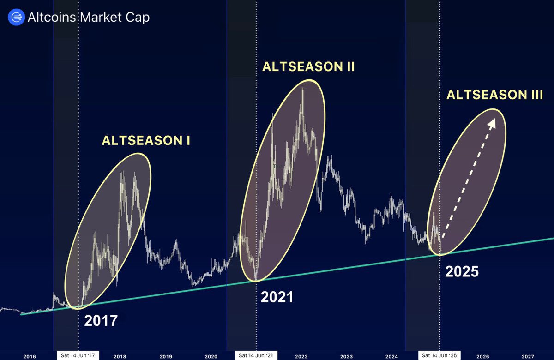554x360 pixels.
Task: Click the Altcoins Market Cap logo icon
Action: coord(17,18)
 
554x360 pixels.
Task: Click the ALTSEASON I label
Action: coord(146,141)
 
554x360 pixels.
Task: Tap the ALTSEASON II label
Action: coord(308,66)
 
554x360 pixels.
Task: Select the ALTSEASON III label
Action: coord(494,96)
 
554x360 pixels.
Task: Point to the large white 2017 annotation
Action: coord(101,320)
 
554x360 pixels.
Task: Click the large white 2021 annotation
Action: coord(277,297)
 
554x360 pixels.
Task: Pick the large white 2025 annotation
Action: coord(462,271)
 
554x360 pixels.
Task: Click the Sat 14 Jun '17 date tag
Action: coord(78,356)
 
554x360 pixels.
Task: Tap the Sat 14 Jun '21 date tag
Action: coord(256,356)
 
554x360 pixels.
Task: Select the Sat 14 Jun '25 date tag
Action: coord(440,356)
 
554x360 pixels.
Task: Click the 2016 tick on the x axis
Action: coord(29,356)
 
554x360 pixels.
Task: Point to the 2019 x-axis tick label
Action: coord(165,356)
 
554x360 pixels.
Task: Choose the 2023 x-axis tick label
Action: coord(346,356)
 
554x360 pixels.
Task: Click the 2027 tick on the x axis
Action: coord(528,356)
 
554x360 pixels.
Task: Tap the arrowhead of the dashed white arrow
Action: coord(493,121)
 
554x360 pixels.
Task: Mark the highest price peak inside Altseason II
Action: coord(302,88)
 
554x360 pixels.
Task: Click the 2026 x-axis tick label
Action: coord(482,356)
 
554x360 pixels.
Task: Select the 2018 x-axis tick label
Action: coord(120,356)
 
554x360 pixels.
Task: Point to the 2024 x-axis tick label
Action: coord(391,356)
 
